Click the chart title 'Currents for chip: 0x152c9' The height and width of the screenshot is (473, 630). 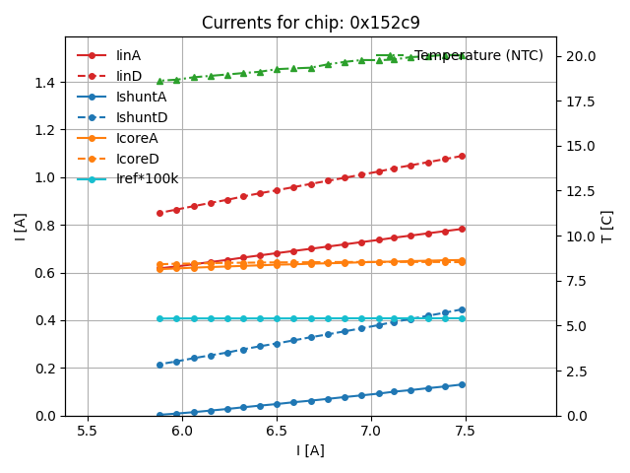310,23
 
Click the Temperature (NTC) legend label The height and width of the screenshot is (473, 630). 478,55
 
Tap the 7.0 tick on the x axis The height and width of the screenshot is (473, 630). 371,432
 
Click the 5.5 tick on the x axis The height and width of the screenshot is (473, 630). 88,432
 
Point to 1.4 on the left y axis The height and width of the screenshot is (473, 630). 44,82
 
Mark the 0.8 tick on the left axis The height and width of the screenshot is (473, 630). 44,225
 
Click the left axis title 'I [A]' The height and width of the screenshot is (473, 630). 20,227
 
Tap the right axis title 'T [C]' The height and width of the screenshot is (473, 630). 606,227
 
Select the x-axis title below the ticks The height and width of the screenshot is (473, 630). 310,450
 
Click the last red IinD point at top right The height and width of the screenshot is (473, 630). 462,156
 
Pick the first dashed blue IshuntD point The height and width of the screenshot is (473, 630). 159,365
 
